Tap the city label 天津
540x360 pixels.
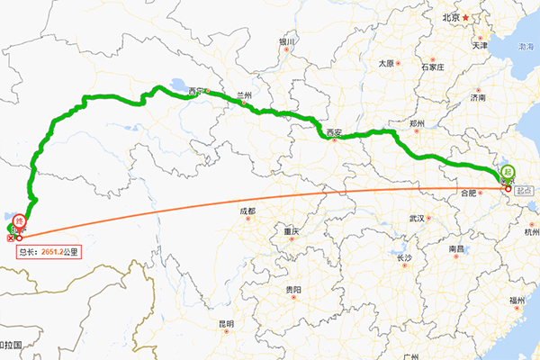[479, 45]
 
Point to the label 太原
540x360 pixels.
[386, 63]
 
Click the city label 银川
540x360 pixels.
[287, 41]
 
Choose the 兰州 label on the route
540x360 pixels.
[243, 94]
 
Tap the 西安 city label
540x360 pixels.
[336, 133]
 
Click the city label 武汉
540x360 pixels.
[416, 218]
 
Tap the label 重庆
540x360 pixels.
[290, 231]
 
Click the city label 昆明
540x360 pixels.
[225, 323]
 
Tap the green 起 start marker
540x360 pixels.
[508, 172]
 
